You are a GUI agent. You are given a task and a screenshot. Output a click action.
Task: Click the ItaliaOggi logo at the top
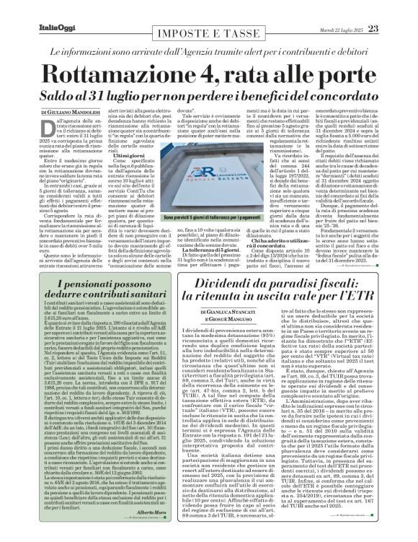click(32, 9)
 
